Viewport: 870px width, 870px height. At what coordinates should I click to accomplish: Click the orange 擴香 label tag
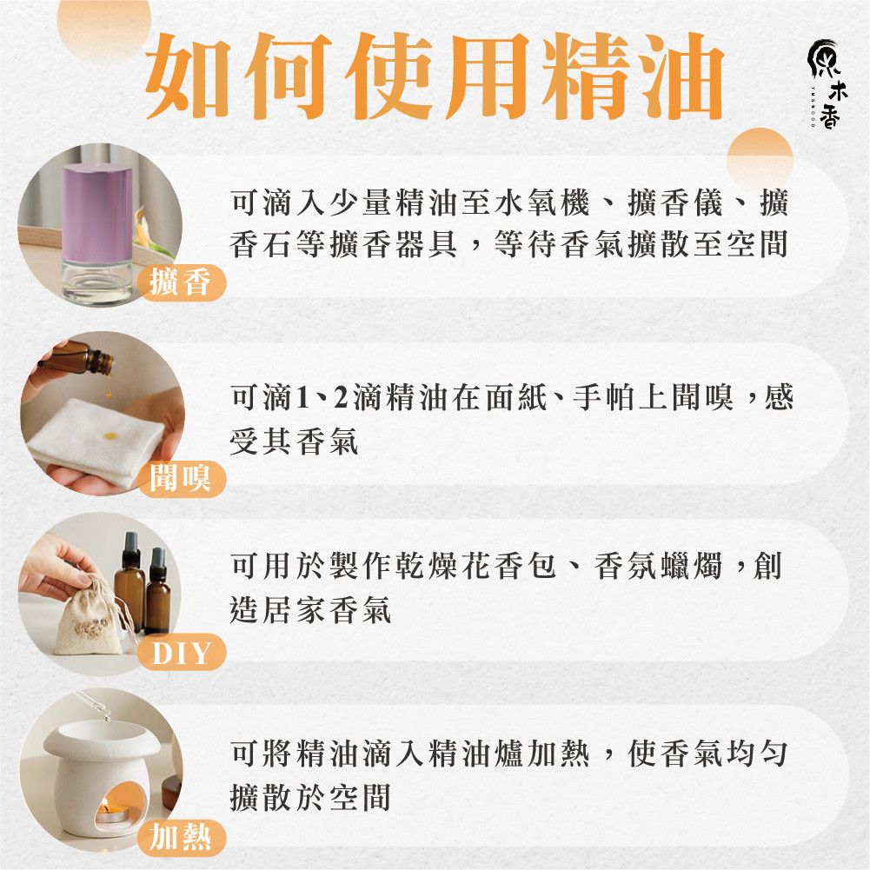click(182, 282)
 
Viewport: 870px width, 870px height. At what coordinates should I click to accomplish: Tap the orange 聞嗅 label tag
click(182, 478)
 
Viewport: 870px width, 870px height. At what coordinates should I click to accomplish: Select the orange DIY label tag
click(182, 652)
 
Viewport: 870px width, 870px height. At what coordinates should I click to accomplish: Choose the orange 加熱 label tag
click(182, 837)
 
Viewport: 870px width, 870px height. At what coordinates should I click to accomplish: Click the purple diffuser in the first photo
click(97, 233)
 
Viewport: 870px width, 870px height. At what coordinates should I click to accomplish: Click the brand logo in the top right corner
click(826, 83)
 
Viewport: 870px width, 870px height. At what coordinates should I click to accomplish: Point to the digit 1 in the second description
click(302, 398)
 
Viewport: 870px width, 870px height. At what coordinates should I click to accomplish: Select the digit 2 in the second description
click(340, 398)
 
